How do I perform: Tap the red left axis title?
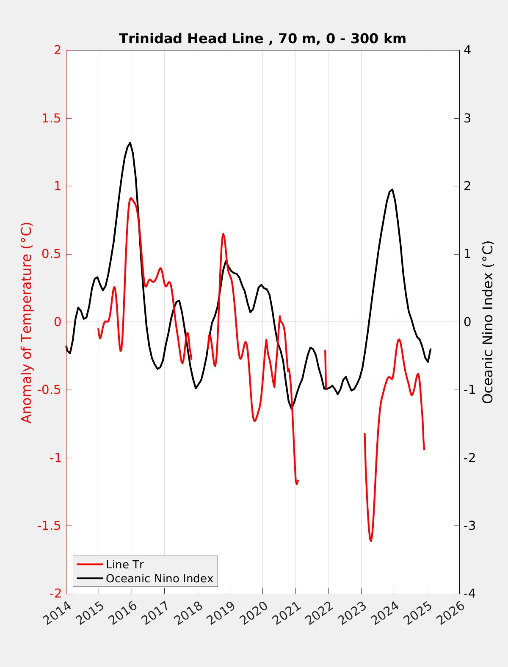27,322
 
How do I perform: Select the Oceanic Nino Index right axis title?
487,322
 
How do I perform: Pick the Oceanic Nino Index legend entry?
145,578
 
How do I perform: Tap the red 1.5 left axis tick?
52,119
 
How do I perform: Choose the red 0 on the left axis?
58,322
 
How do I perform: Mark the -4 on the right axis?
468,594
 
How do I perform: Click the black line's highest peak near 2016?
130,143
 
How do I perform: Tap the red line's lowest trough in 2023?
371,541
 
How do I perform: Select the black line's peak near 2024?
392,190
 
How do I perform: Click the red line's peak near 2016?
131,199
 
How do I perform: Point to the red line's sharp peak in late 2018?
223,234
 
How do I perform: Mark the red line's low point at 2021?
297,484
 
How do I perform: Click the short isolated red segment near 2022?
325,369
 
